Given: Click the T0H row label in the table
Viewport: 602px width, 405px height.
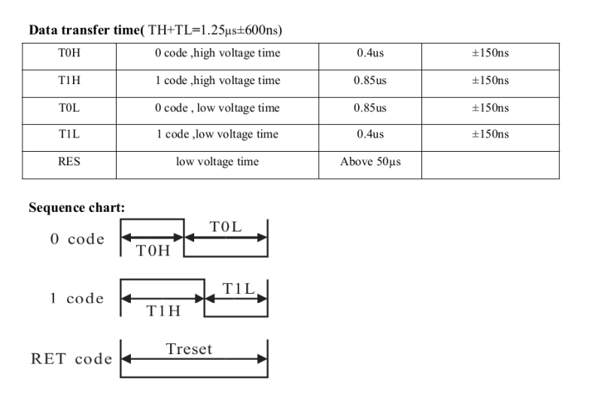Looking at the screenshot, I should (68, 54).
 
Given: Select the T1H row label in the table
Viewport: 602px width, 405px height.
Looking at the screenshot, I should (68, 81).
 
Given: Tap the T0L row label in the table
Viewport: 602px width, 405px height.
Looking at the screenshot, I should (68, 108).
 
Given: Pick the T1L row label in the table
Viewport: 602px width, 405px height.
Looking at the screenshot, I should (68, 134).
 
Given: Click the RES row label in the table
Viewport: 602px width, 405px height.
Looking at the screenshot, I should (68, 162).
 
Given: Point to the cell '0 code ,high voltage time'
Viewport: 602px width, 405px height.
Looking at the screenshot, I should (217, 54).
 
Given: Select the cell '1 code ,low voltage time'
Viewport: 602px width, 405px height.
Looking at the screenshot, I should (217, 134).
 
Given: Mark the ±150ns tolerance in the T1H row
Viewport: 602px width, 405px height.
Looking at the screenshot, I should (490, 81).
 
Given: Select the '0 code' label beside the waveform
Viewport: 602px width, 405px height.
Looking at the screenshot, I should (77, 240).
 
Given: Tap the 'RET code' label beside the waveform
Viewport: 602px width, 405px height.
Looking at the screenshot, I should (71, 358).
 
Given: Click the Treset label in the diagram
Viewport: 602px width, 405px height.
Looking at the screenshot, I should (189, 349).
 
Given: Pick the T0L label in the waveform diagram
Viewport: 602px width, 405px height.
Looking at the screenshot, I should (225, 227).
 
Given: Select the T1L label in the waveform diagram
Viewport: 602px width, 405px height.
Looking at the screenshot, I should (239, 288).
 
